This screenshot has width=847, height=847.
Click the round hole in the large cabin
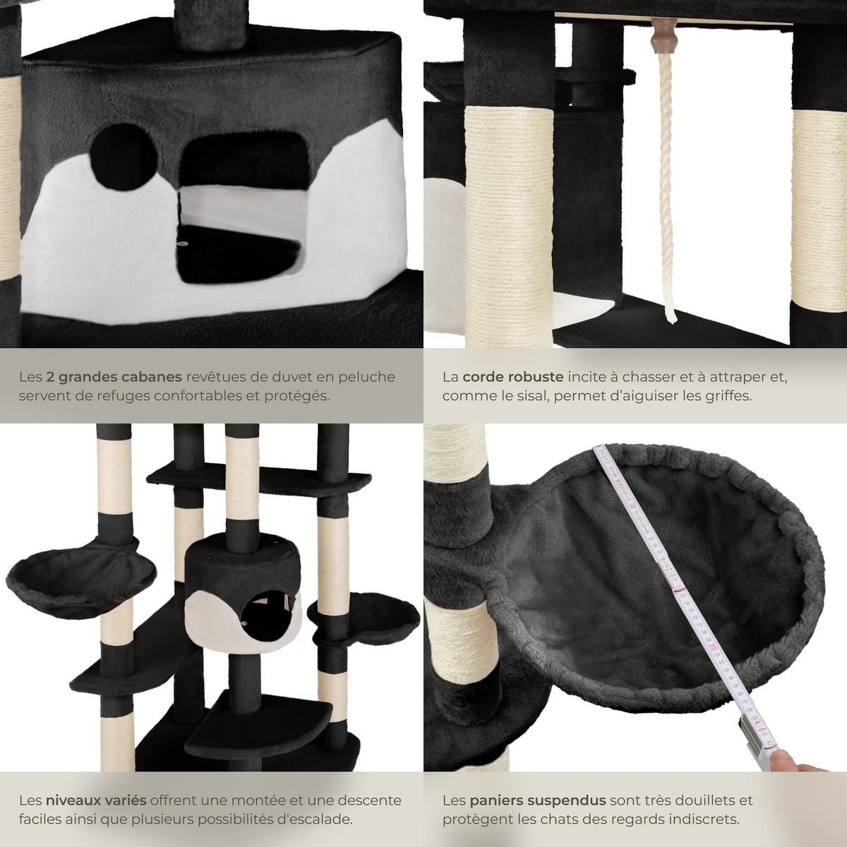(x=117, y=148)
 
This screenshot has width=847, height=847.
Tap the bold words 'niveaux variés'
(x=96, y=800)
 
